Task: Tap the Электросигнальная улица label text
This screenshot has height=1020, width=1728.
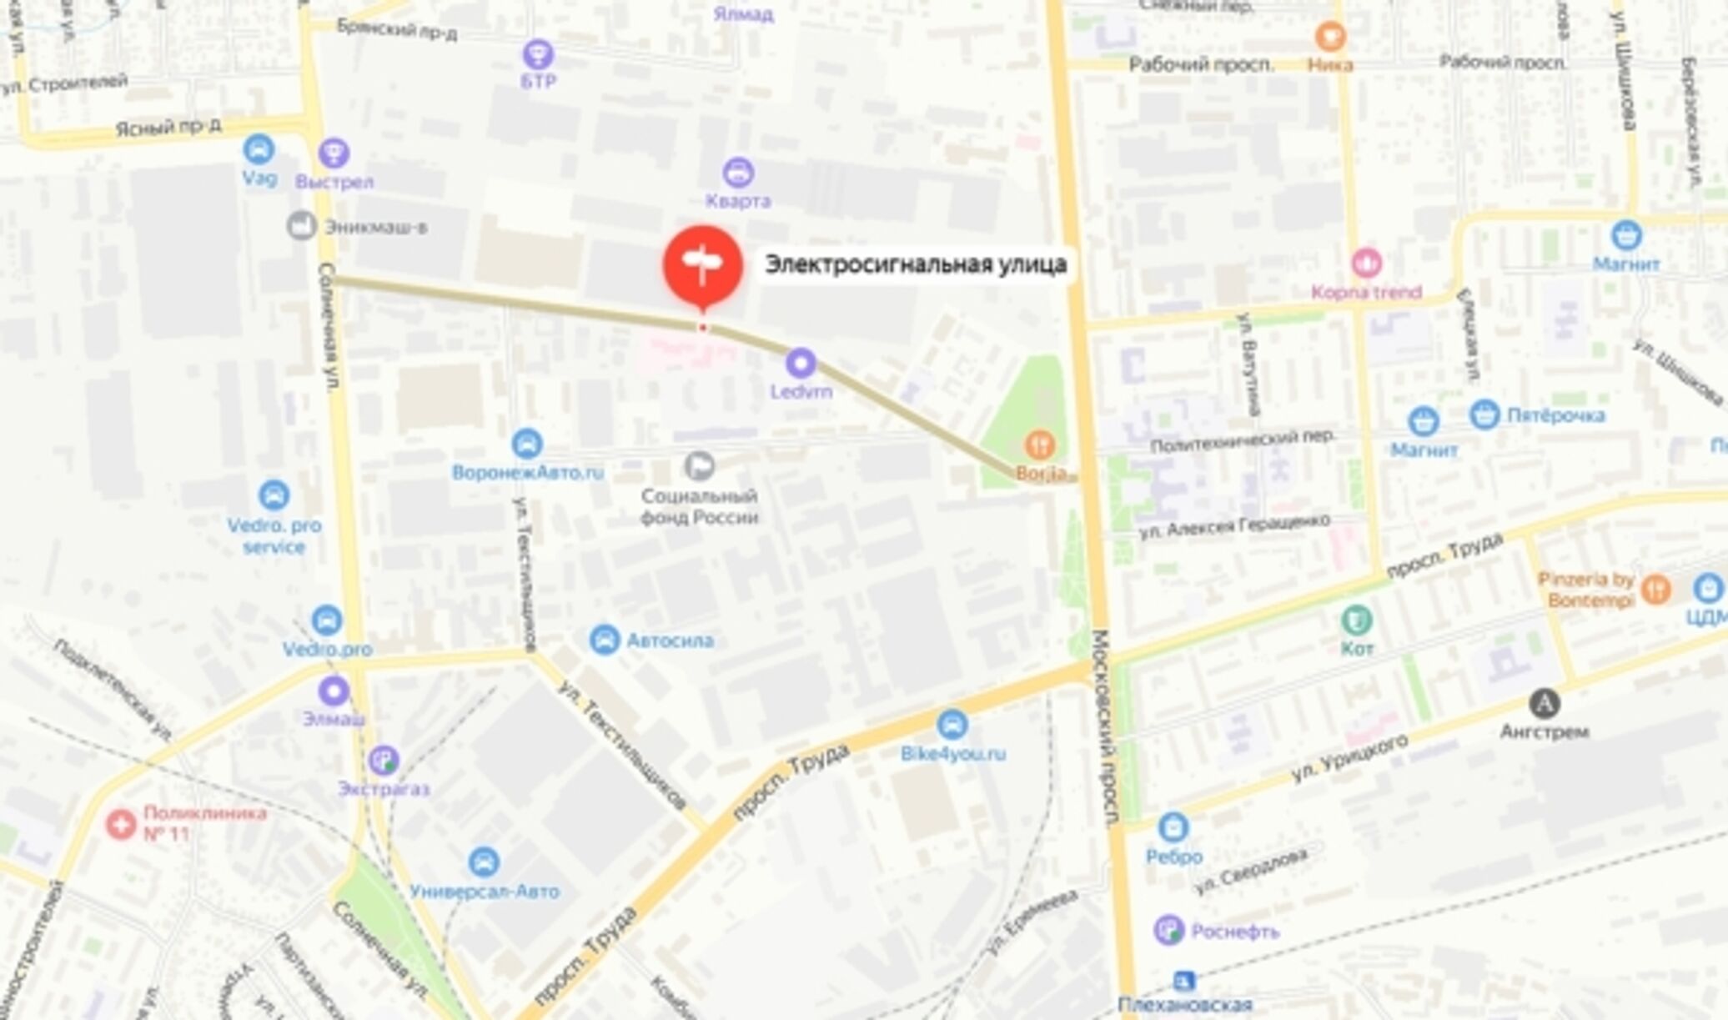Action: pyautogui.click(x=916, y=264)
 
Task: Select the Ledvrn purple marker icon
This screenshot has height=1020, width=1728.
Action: pyautogui.click(x=801, y=363)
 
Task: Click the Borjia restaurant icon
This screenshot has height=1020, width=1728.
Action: pyautogui.click(x=1040, y=445)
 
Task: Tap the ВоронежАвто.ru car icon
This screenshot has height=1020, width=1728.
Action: pyautogui.click(x=527, y=444)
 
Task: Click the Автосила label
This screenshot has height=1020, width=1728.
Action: pyautogui.click(x=670, y=641)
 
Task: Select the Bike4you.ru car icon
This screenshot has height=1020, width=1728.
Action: pyautogui.click(x=952, y=725)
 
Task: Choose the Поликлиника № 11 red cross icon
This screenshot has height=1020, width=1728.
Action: pyautogui.click(x=122, y=824)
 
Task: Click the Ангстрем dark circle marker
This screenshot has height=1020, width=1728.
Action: pyautogui.click(x=1545, y=704)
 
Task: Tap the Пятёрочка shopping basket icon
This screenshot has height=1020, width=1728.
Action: pyautogui.click(x=1484, y=415)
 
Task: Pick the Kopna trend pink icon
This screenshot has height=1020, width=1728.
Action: pyautogui.click(x=1366, y=263)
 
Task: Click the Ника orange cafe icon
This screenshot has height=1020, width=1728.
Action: pyautogui.click(x=1329, y=37)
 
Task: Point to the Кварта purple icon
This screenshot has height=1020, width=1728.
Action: pyautogui.click(x=738, y=173)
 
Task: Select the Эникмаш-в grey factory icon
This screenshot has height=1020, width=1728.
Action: pyautogui.click(x=301, y=225)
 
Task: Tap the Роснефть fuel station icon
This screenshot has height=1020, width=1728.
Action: pyautogui.click(x=1169, y=930)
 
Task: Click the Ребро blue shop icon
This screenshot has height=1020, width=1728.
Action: pyautogui.click(x=1173, y=827)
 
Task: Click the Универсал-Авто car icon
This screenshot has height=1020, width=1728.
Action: pyautogui.click(x=484, y=862)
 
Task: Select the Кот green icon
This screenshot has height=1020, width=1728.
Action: pyautogui.click(x=1357, y=621)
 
